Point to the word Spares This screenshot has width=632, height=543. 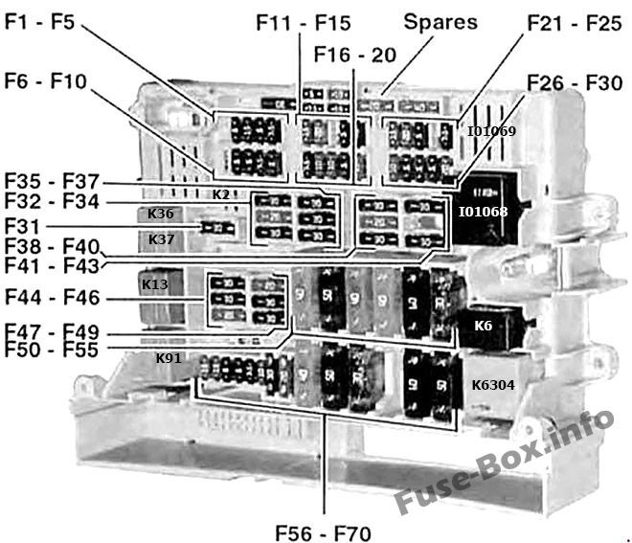click(440, 20)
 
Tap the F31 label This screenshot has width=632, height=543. click(23, 227)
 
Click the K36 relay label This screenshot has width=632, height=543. click(161, 214)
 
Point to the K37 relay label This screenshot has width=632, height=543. click(161, 239)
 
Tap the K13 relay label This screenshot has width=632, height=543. click(154, 284)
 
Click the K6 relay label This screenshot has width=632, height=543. click(483, 326)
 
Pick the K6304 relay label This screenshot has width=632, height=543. click(492, 384)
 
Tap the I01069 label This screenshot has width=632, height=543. click(491, 130)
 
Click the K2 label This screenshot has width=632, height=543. click(220, 194)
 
